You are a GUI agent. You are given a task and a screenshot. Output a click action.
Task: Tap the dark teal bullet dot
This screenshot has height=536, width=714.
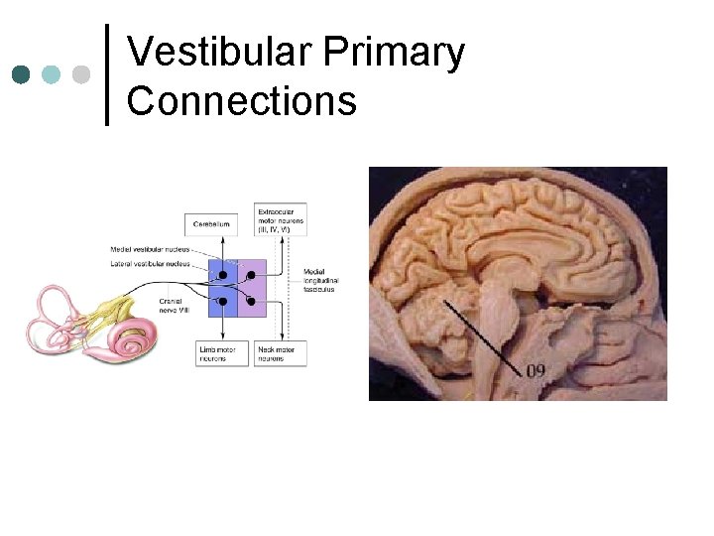22,74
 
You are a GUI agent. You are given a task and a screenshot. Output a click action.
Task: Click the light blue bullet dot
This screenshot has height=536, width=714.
52,74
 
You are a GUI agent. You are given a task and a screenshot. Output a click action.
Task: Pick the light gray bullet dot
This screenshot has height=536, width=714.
81,74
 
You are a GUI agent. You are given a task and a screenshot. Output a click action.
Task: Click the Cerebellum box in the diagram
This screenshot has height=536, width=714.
212,224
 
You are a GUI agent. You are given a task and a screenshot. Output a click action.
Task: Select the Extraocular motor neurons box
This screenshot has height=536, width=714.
280,219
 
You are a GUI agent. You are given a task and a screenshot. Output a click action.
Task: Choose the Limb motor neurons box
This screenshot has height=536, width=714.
212,353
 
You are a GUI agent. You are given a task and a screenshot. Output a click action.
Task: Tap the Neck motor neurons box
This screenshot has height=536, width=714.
280,353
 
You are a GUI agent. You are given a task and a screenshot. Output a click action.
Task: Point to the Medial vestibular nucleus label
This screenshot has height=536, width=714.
151,249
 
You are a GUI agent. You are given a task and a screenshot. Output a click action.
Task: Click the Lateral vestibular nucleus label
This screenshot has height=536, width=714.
151,263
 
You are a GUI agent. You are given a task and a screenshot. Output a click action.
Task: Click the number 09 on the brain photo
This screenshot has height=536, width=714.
535,371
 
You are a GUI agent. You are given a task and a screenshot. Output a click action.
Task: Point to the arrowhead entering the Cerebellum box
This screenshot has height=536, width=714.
223,241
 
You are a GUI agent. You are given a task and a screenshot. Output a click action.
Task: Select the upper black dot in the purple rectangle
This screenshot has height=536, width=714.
251,275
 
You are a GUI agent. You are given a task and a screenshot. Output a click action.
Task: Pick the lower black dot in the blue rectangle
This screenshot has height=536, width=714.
223,300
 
